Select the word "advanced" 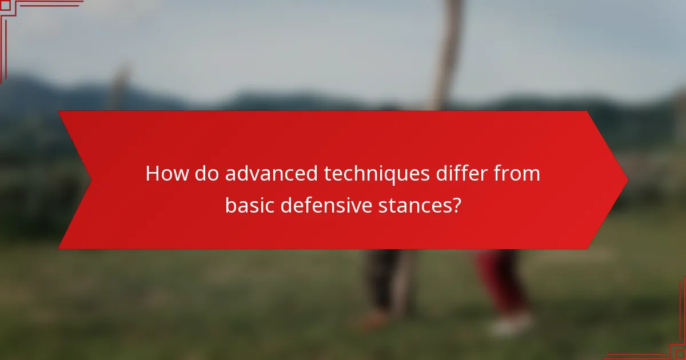(271, 174)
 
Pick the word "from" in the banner (516, 174)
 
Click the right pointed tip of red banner (627, 181)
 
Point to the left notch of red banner (90, 181)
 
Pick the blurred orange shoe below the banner (374, 318)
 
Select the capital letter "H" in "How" (152, 174)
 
